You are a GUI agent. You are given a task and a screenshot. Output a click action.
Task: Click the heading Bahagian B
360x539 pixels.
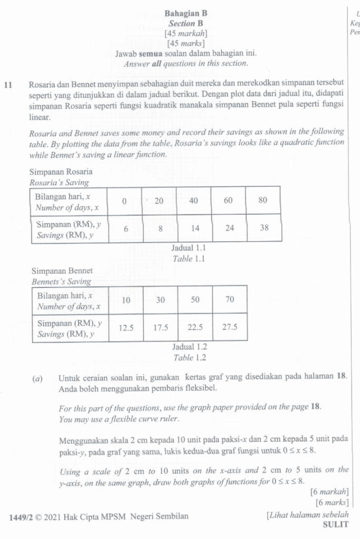[x=186, y=13]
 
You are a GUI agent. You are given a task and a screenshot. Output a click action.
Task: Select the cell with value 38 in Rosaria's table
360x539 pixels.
[x=264, y=228]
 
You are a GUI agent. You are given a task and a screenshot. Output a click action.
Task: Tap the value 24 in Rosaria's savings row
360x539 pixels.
[x=228, y=228]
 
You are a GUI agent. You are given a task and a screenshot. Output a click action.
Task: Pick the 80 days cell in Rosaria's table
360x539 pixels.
[x=264, y=201]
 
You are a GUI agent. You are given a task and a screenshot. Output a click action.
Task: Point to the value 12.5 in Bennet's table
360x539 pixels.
[x=126, y=327]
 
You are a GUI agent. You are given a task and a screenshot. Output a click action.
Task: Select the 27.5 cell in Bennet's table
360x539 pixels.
[x=230, y=327]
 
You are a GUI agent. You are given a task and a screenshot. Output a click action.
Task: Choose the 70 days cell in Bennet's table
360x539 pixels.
[x=230, y=300]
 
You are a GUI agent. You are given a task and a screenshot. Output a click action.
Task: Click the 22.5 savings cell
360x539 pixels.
[x=195, y=327]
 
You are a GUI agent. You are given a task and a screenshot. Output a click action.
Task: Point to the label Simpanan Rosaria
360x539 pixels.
[x=61, y=172]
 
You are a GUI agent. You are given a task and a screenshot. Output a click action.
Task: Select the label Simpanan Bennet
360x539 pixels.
[x=62, y=271]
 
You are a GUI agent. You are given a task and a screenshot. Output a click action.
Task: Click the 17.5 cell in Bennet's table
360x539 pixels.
[x=161, y=327]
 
